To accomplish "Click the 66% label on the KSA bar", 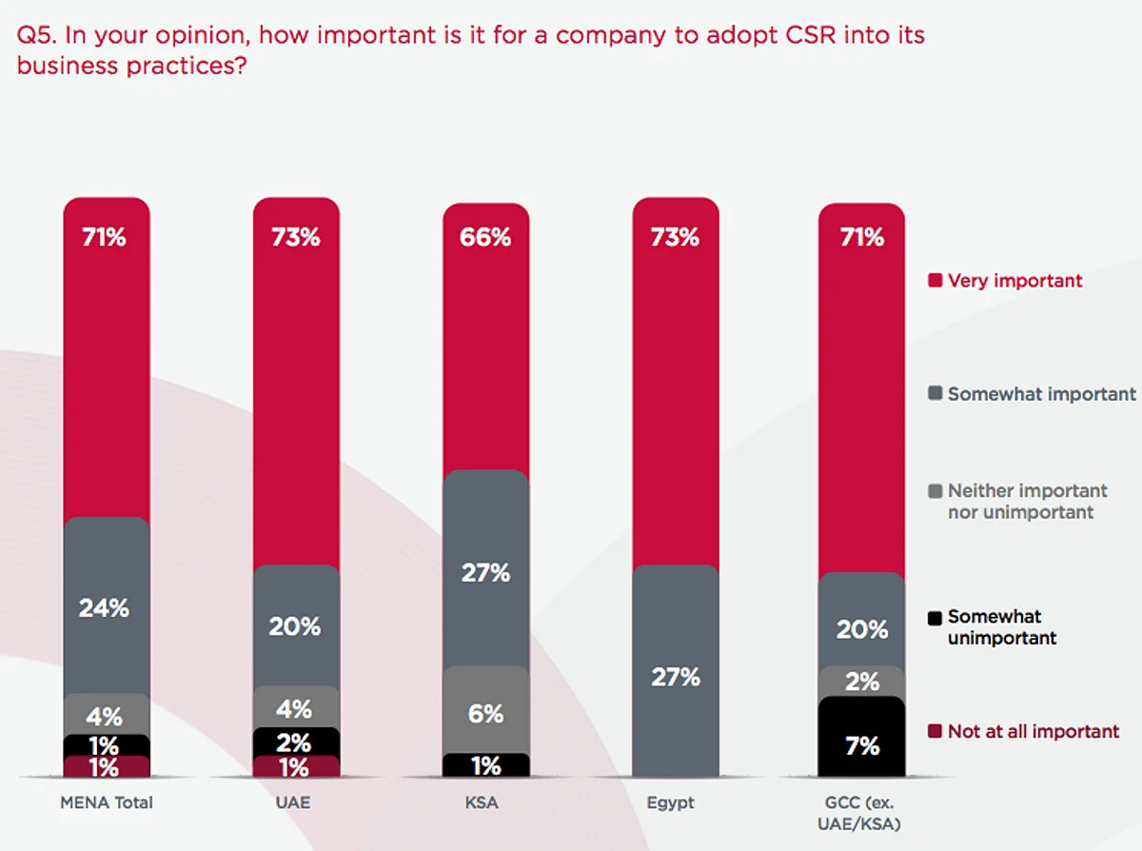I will [485, 237].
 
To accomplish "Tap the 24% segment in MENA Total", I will [107, 606].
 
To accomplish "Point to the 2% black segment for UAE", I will [296, 742].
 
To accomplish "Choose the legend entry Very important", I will [1014, 281].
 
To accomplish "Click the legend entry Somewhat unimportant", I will [1001, 627].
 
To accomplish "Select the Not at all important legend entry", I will [1033, 731].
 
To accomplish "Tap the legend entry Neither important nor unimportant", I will [1027, 502].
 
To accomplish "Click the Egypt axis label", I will [671, 802].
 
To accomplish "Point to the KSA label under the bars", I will [483, 802].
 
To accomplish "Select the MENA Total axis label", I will [107, 802].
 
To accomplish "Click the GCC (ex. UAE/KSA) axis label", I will [861, 812].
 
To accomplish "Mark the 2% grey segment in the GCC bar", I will [861, 682].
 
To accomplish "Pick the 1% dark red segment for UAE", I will [296, 766].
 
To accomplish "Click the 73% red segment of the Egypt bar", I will [676, 381].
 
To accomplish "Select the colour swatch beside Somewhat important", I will [935, 394].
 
